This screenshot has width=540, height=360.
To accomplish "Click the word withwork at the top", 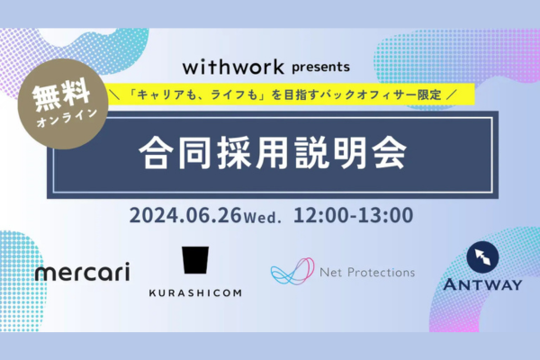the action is [233, 67].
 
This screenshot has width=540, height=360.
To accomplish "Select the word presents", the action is [321, 67].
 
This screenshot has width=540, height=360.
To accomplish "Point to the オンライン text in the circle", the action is [67, 118].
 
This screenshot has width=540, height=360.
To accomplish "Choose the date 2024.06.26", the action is [185, 215].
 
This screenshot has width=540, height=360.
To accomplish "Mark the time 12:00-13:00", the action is [354, 215].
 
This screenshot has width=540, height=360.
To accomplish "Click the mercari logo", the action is [83, 271].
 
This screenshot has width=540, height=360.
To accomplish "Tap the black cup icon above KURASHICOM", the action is [195, 260].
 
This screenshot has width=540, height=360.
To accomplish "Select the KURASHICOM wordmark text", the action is [195, 293].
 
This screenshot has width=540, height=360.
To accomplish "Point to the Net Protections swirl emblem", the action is [292, 272].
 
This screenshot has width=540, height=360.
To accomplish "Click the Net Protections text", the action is [367, 273].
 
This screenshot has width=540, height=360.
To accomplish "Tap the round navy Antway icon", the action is [482, 257].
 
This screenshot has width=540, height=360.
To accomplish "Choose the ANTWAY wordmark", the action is [482, 285].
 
